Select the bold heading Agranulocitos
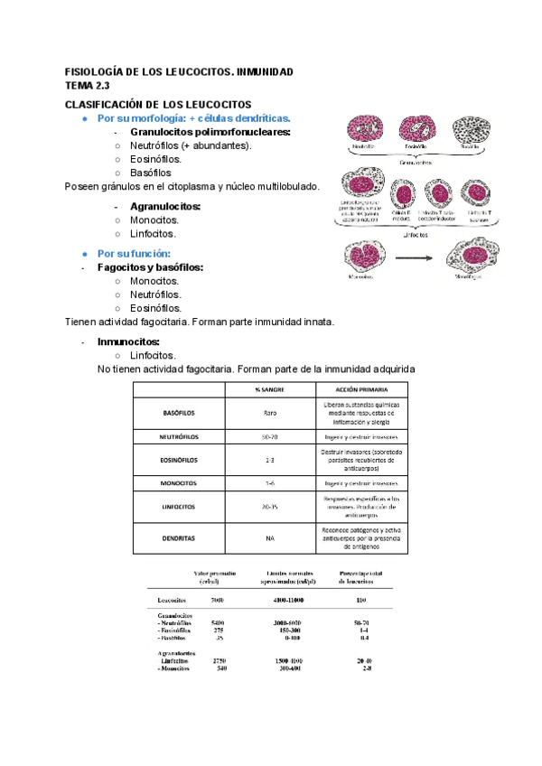[x=166, y=206]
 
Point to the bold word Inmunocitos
[x=128, y=341]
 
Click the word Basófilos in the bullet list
[x=150, y=173]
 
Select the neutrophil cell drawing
[x=364, y=129]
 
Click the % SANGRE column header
[x=269, y=389]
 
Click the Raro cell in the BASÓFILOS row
[x=269, y=413]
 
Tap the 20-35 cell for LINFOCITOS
[x=269, y=507]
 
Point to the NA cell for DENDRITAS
[x=269, y=537]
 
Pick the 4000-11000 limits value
[x=290, y=599]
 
